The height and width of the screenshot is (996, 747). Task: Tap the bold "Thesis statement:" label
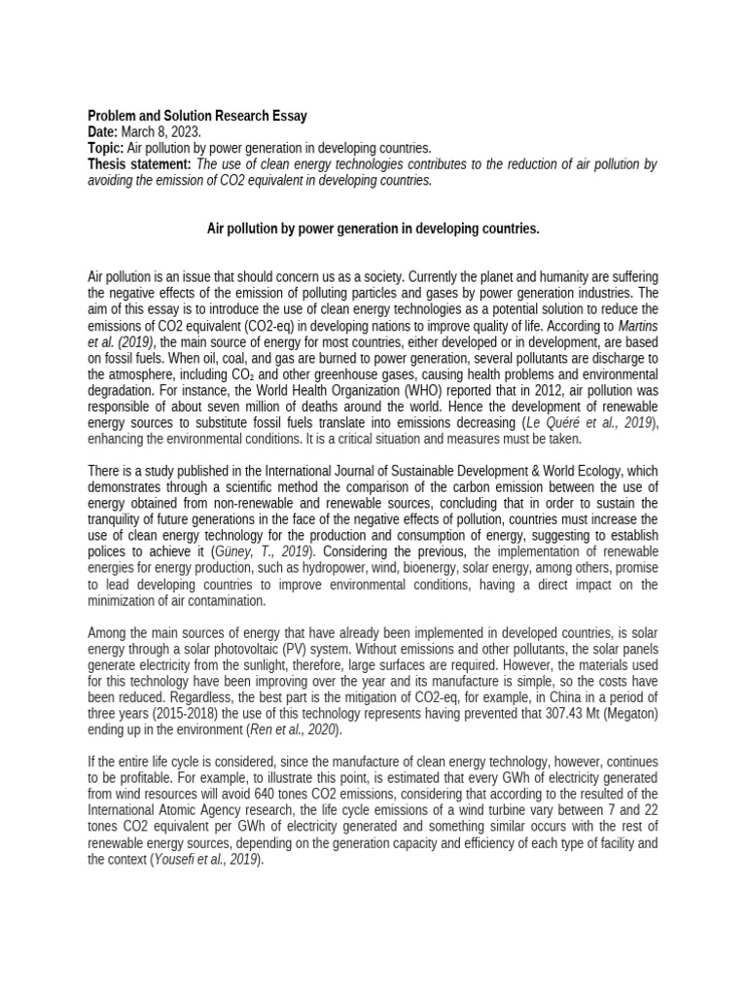pos(140,164)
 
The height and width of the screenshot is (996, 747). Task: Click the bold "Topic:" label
pos(106,149)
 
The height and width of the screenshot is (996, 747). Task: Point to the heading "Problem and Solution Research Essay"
pos(197,116)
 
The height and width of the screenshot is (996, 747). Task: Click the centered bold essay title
pos(373,229)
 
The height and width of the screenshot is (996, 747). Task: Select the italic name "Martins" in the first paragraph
pos(637,326)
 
